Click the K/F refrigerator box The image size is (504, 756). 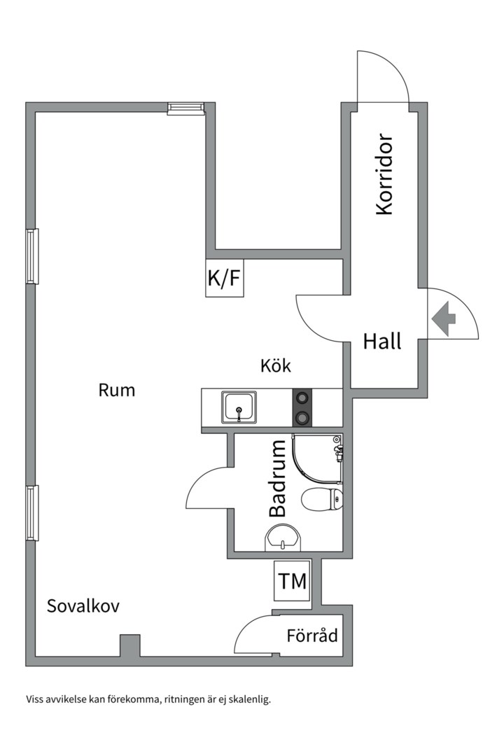tap(224, 278)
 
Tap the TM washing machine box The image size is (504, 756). tap(292, 580)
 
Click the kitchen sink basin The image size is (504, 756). tap(239, 407)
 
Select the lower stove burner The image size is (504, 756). tap(302, 418)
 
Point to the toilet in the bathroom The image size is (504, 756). tap(322, 499)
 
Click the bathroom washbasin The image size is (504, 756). tap(283, 538)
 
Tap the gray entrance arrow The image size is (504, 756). tap(444, 318)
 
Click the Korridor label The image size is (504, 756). tap(385, 174)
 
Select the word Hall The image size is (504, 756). tap(382, 342)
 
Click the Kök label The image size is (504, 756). tap(275, 365)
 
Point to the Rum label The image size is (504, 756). tap(116, 390)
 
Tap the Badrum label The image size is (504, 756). tap(278, 478)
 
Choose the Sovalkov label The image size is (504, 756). tap(83, 606)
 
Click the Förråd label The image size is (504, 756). tap(312, 636)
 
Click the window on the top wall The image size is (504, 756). tap(185, 107)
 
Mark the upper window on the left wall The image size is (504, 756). tap(32, 256)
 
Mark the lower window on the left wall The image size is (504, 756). tap(32, 512)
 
